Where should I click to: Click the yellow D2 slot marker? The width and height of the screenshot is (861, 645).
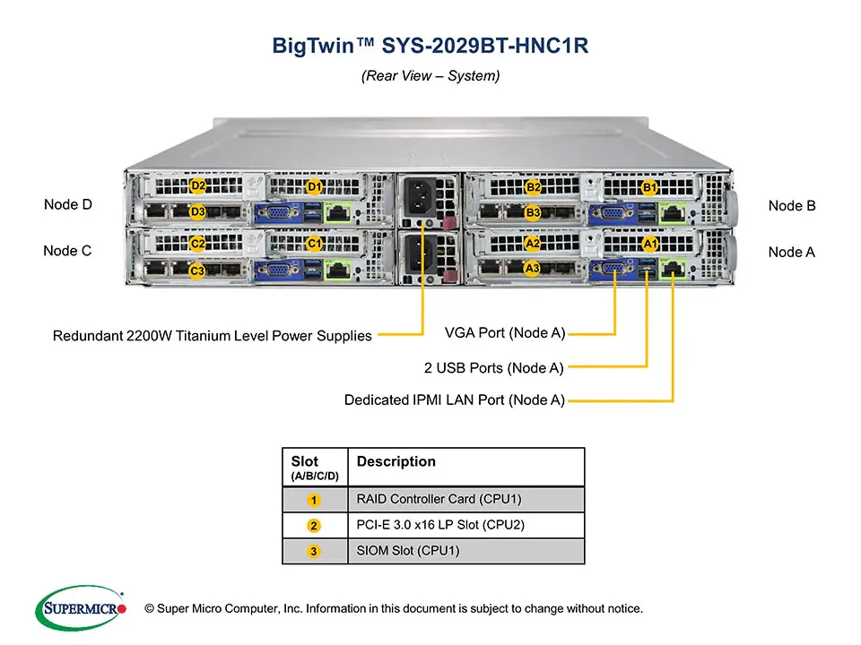pyautogui.click(x=199, y=186)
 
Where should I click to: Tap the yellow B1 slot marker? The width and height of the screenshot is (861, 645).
pyautogui.click(x=650, y=187)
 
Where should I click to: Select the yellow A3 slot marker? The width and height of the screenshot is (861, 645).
pyautogui.click(x=532, y=267)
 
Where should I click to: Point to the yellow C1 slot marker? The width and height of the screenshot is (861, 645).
pyautogui.click(x=315, y=243)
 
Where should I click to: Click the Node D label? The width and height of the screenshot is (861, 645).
pyautogui.click(x=68, y=205)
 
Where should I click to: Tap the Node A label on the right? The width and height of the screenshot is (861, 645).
pyautogui.click(x=792, y=253)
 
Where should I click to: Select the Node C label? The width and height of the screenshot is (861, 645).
pyautogui.click(x=68, y=252)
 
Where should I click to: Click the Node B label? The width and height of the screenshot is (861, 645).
pyautogui.click(x=792, y=206)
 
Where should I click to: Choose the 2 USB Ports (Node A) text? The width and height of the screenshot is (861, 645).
pyautogui.click(x=493, y=367)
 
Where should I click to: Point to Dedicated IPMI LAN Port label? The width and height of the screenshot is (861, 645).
pyautogui.click(x=454, y=400)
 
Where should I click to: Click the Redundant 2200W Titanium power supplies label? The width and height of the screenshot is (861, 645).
pyautogui.click(x=212, y=336)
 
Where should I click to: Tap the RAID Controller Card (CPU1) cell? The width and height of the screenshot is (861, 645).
pyautogui.click(x=439, y=499)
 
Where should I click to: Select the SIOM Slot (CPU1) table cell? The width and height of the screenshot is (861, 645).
pyautogui.click(x=408, y=551)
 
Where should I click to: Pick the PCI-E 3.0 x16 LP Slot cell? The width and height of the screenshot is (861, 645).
pyautogui.click(x=439, y=525)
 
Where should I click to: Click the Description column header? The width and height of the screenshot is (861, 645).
pyautogui.click(x=396, y=462)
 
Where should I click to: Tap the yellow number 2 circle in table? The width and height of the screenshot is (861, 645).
pyautogui.click(x=313, y=526)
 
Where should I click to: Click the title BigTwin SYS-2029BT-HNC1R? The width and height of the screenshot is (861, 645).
pyautogui.click(x=430, y=46)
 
